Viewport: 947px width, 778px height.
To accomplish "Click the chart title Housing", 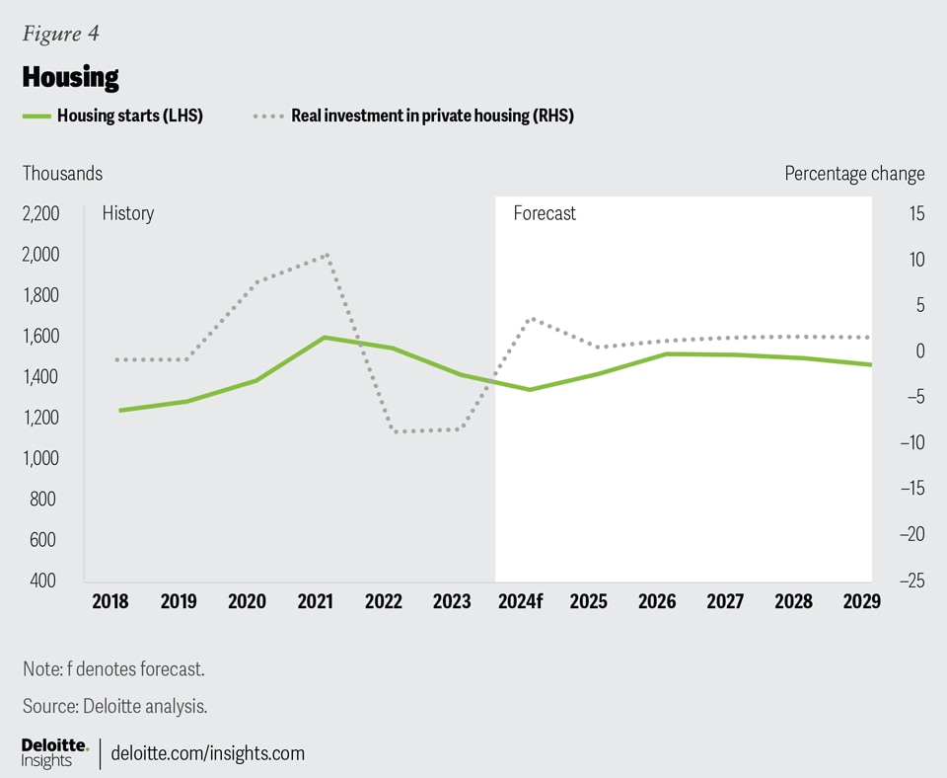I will [x=70, y=76].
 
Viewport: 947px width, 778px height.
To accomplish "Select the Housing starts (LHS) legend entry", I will [x=129, y=116].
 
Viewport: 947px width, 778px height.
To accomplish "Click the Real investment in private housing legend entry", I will [x=432, y=116].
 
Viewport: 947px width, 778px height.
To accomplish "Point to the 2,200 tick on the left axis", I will [x=40, y=214].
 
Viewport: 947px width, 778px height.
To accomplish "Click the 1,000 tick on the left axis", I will [x=40, y=458].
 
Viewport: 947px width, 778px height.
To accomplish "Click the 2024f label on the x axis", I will [x=521, y=601].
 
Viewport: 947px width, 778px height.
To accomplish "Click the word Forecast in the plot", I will [x=545, y=213].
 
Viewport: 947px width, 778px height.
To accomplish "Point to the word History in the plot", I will [x=128, y=213].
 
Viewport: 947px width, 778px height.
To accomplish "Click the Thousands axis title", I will [x=63, y=174].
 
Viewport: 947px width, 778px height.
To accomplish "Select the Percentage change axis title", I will [x=854, y=174].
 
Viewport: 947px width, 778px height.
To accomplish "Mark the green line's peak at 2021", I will [x=325, y=338].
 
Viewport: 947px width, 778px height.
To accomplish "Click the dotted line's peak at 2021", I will [x=328, y=256].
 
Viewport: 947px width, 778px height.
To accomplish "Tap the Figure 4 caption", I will [x=60, y=35].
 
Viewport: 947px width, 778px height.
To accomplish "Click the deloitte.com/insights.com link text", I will [x=208, y=753].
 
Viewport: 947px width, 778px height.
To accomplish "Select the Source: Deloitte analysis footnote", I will [x=114, y=706].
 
